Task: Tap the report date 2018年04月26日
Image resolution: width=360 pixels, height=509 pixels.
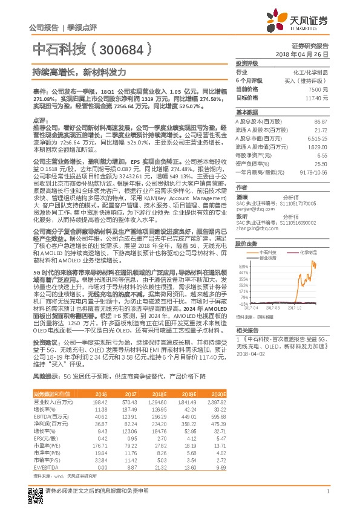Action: (303, 54)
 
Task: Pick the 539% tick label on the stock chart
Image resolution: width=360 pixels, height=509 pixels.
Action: (244, 265)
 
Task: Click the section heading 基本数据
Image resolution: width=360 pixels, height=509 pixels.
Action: (247, 112)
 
